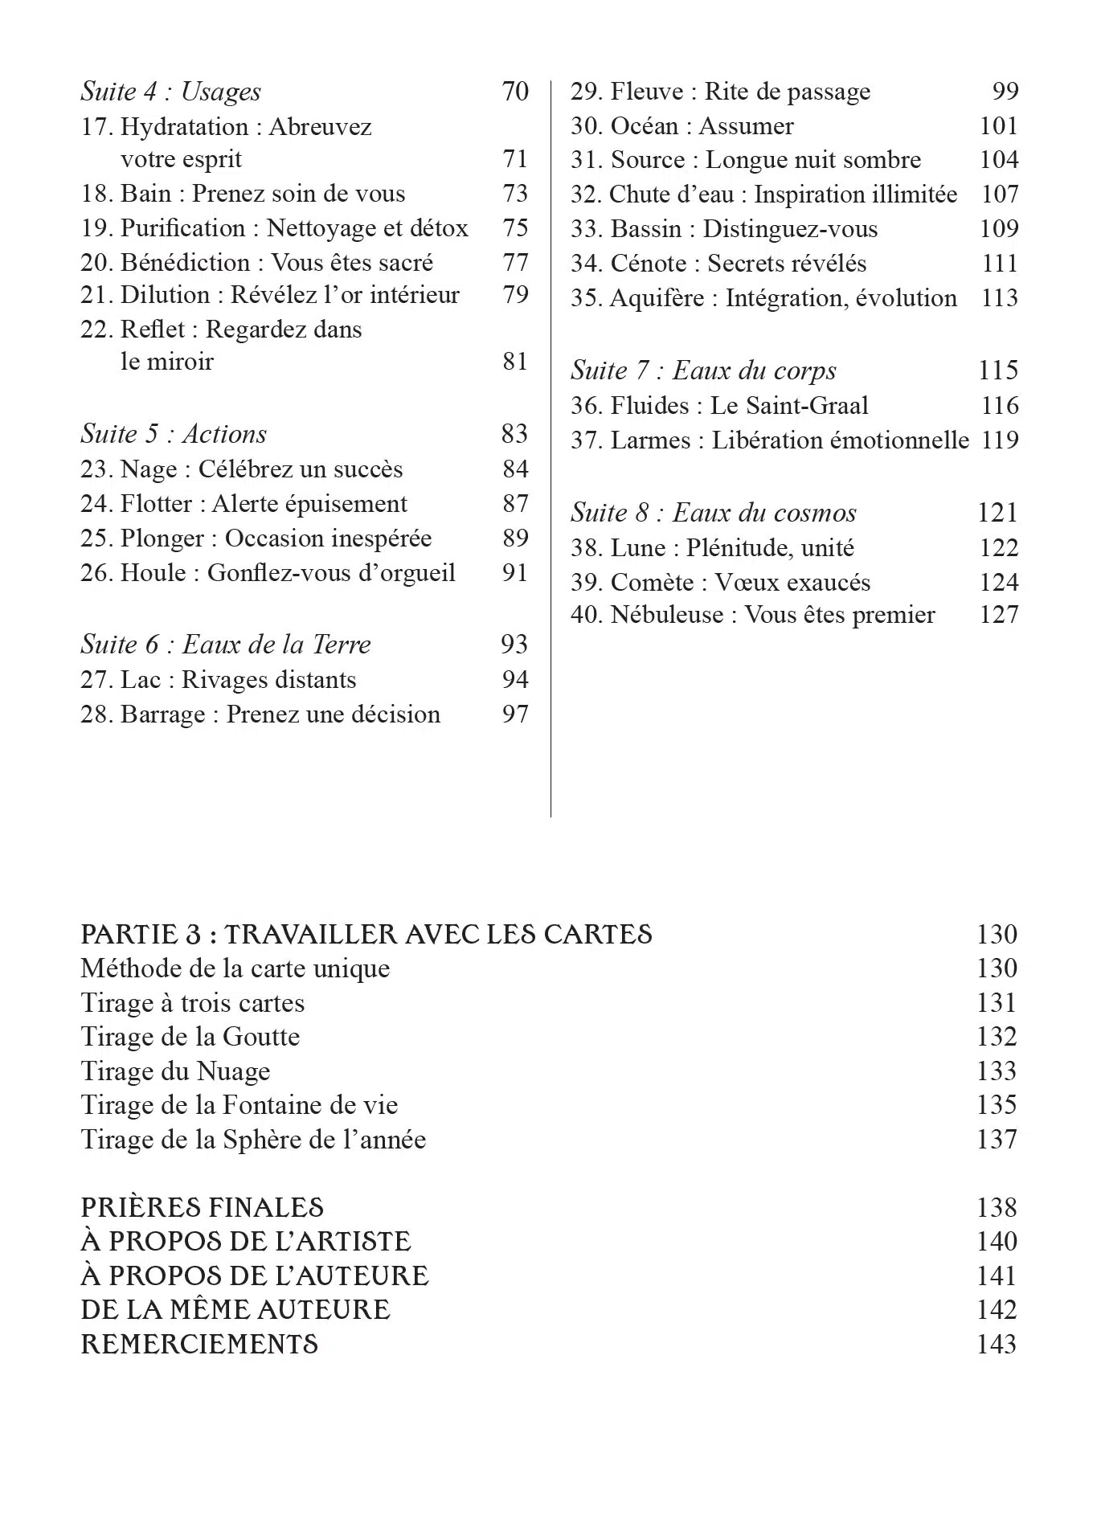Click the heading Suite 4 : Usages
(170, 92)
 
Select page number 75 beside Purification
(515, 228)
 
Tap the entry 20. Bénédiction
(256, 263)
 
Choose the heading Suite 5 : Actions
(174, 434)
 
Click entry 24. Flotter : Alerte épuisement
(244, 504)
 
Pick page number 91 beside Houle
(515, 573)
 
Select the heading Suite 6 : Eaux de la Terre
(225, 645)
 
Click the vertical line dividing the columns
(550, 450)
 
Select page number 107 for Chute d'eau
(999, 194)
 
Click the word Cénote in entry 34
(649, 264)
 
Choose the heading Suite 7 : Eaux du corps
(703, 371)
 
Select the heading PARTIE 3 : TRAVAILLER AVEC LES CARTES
(366, 935)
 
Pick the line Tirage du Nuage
(175, 1071)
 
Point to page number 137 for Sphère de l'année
(997, 1140)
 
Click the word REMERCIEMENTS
(199, 1344)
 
